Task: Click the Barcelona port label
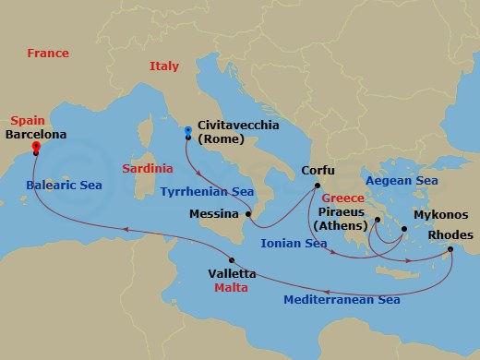click(33, 134)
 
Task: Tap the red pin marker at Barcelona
click(35, 145)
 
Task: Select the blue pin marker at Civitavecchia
click(187, 130)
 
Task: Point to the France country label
click(49, 54)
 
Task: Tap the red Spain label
click(30, 121)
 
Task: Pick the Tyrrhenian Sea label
click(206, 191)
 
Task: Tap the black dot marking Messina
click(247, 213)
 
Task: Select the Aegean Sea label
click(400, 181)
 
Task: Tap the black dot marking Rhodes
click(450, 249)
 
